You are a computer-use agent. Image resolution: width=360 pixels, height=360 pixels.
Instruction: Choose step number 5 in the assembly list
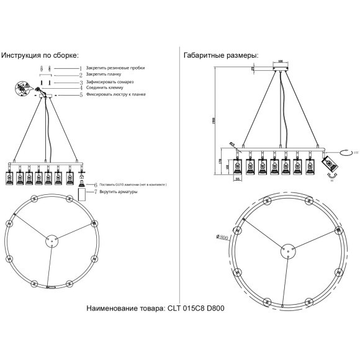(x=81, y=95)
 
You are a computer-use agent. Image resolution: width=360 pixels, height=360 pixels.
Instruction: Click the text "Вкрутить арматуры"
(x=117, y=192)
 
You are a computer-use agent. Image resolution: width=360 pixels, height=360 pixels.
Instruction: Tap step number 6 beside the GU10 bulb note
(x=96, y=185)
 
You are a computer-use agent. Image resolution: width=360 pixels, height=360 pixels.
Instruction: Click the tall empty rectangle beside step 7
(x=81, y=195)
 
